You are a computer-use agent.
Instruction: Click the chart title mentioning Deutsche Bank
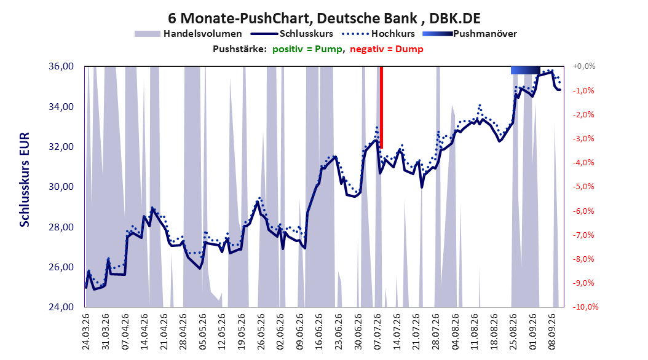coord(324,18)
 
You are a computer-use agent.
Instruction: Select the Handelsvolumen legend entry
coord(189,34)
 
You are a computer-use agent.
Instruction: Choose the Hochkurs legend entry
coord(378,34)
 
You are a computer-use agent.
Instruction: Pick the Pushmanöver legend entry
coord(470,34)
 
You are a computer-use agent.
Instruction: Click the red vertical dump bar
coord(381,108)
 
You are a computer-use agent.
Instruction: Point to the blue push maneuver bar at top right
coord(525,70)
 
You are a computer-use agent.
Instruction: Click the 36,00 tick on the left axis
coord(61,66)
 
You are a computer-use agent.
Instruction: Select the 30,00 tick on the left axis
coord(61,187)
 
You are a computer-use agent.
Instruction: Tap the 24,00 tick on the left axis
coord(61,307)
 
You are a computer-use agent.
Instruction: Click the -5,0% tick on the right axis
coord(583,187)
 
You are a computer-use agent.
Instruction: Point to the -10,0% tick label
coord(585,307)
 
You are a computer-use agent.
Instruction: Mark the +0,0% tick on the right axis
coord(584,66)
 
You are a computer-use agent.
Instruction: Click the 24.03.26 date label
coord(86,332)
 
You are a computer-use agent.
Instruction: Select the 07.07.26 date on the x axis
coord(377,332)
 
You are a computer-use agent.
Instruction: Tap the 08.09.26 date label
coord(552,332)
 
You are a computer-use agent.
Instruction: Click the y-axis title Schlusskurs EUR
coord(25,179)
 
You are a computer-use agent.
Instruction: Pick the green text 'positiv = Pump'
coord(307,49)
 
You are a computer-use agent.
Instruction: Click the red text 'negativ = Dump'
coord(387,49)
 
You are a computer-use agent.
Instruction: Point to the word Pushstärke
coord(240,49)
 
